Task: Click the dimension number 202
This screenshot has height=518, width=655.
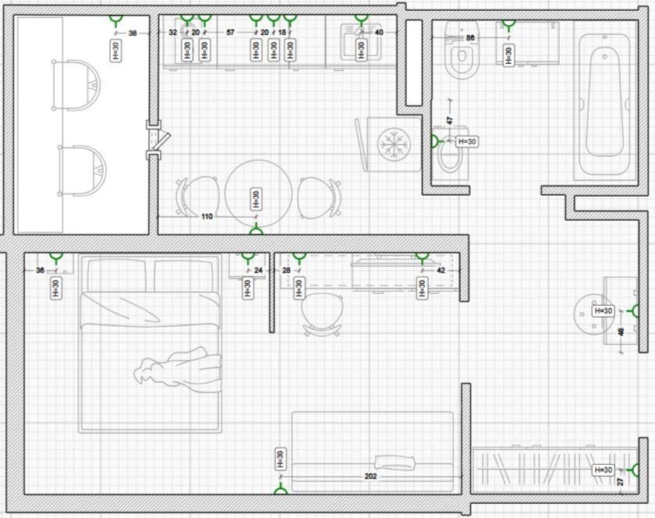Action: (x=371, y=475)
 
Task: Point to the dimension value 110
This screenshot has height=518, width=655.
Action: (x=207, y=216)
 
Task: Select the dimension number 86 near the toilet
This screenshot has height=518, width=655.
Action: (x=470, y=37)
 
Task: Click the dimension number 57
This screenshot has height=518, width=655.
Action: (x=231, y=33)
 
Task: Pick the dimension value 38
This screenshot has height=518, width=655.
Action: (x=133, y=33)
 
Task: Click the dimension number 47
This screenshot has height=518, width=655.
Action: (x=450, y=121)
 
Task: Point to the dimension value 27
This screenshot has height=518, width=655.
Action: (x=621, y=481)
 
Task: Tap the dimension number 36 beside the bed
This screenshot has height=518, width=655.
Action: (x=41, y=271)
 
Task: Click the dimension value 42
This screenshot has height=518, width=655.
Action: (x=441, y=271)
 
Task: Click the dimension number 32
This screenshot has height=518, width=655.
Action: (x=172, y=33)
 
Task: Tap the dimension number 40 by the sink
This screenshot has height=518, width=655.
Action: (x=379, y=33)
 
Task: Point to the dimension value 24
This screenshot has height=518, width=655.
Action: (x=259, y=271)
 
